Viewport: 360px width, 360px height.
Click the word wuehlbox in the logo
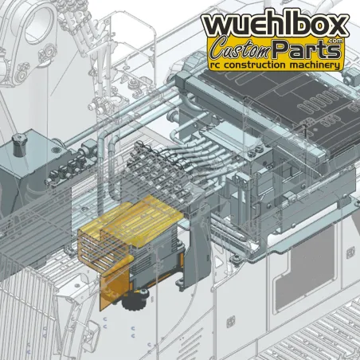[x=275, y=25]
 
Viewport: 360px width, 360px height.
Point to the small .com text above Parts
[x=335, y=41]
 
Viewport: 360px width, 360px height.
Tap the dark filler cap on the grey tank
[x=20, y=144]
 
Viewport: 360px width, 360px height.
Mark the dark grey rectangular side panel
[x=305, y=268]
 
